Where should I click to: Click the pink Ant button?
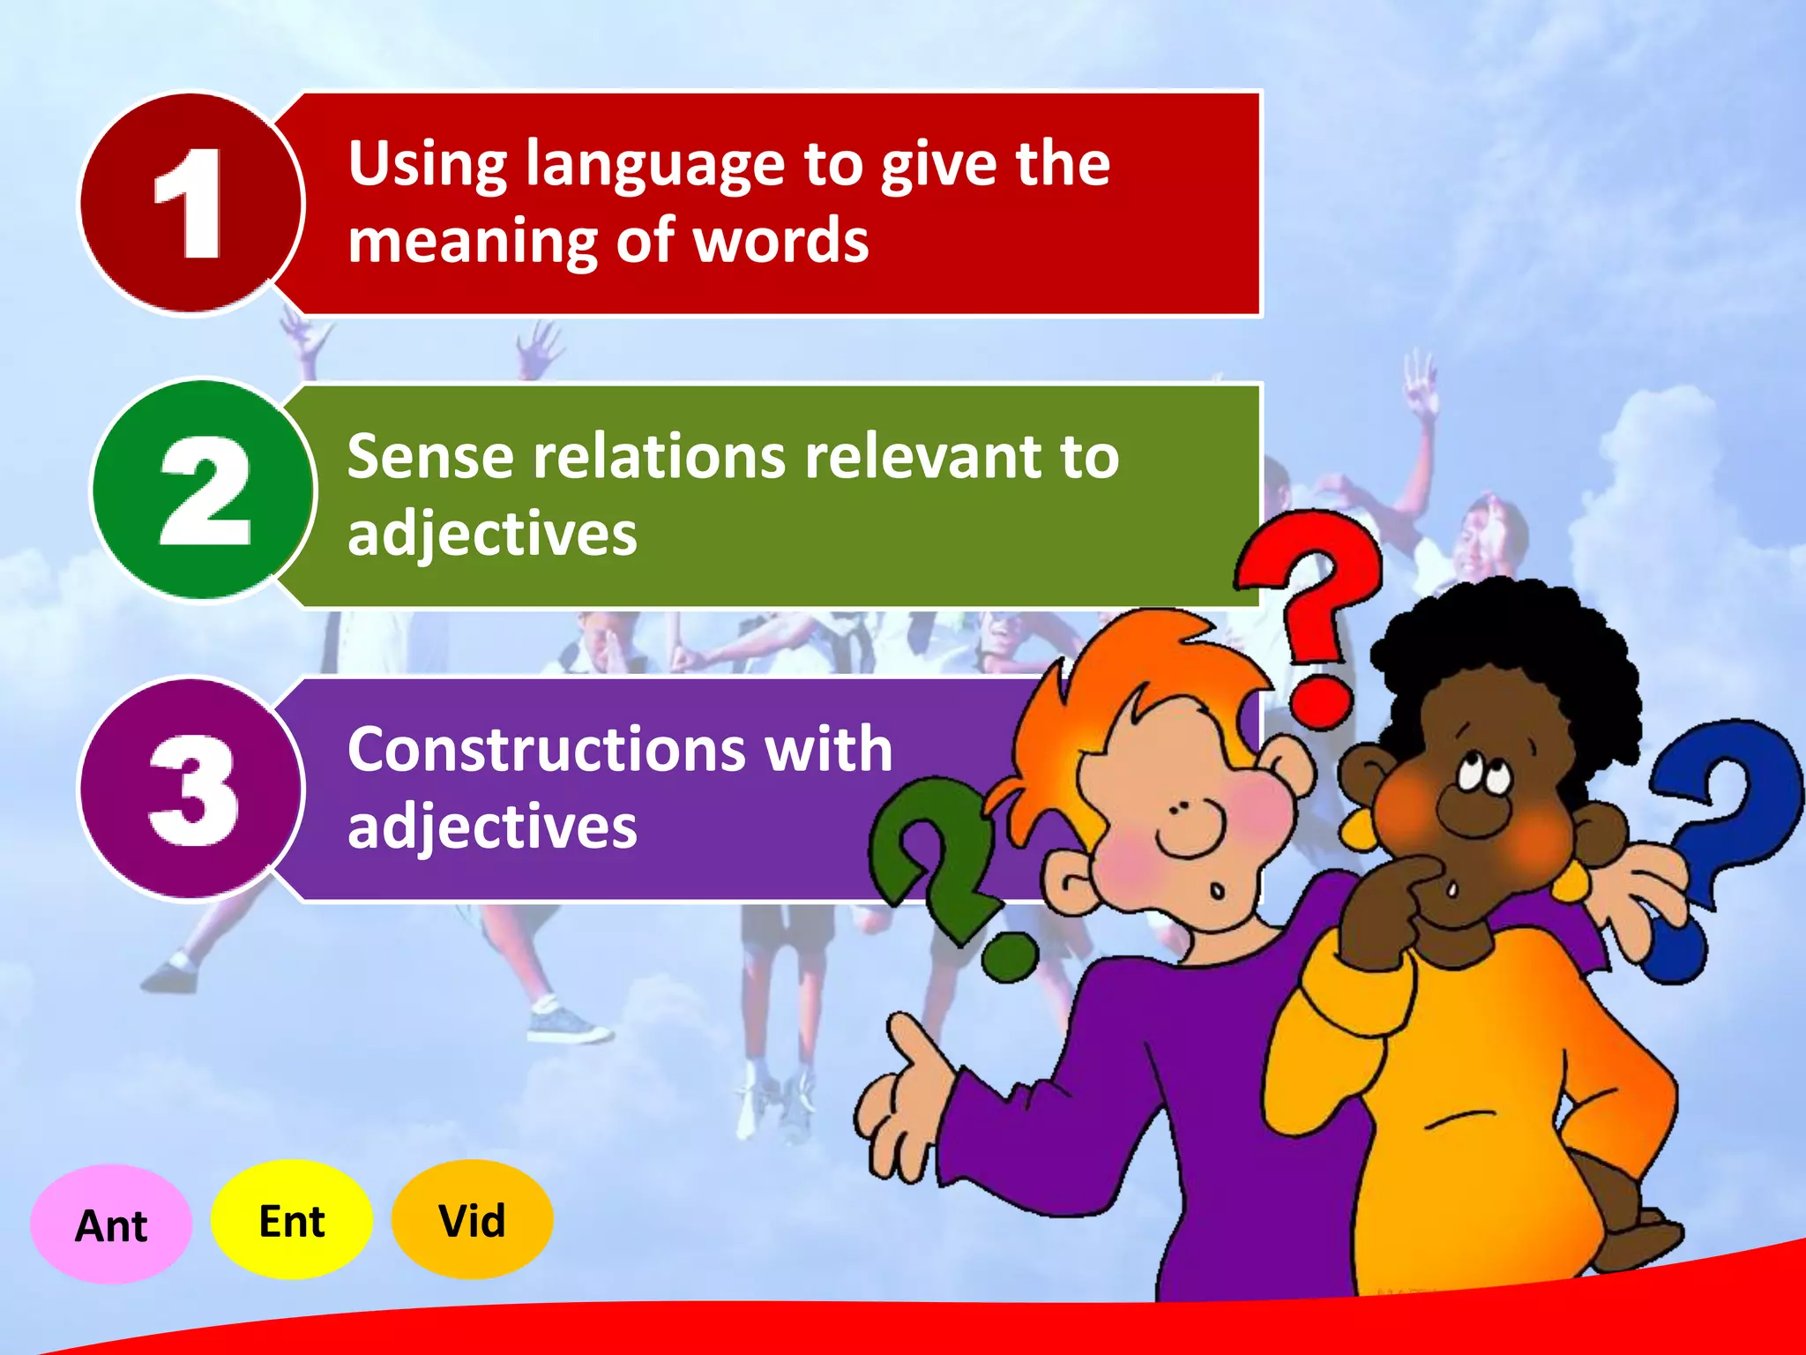coord(111,1224)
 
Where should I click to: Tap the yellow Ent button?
coord(292,1221)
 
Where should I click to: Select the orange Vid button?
coord(473,1220)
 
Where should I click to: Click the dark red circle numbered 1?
coord(190,204)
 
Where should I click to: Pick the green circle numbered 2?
coord(204,490)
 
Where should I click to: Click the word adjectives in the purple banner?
coord(492,827)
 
